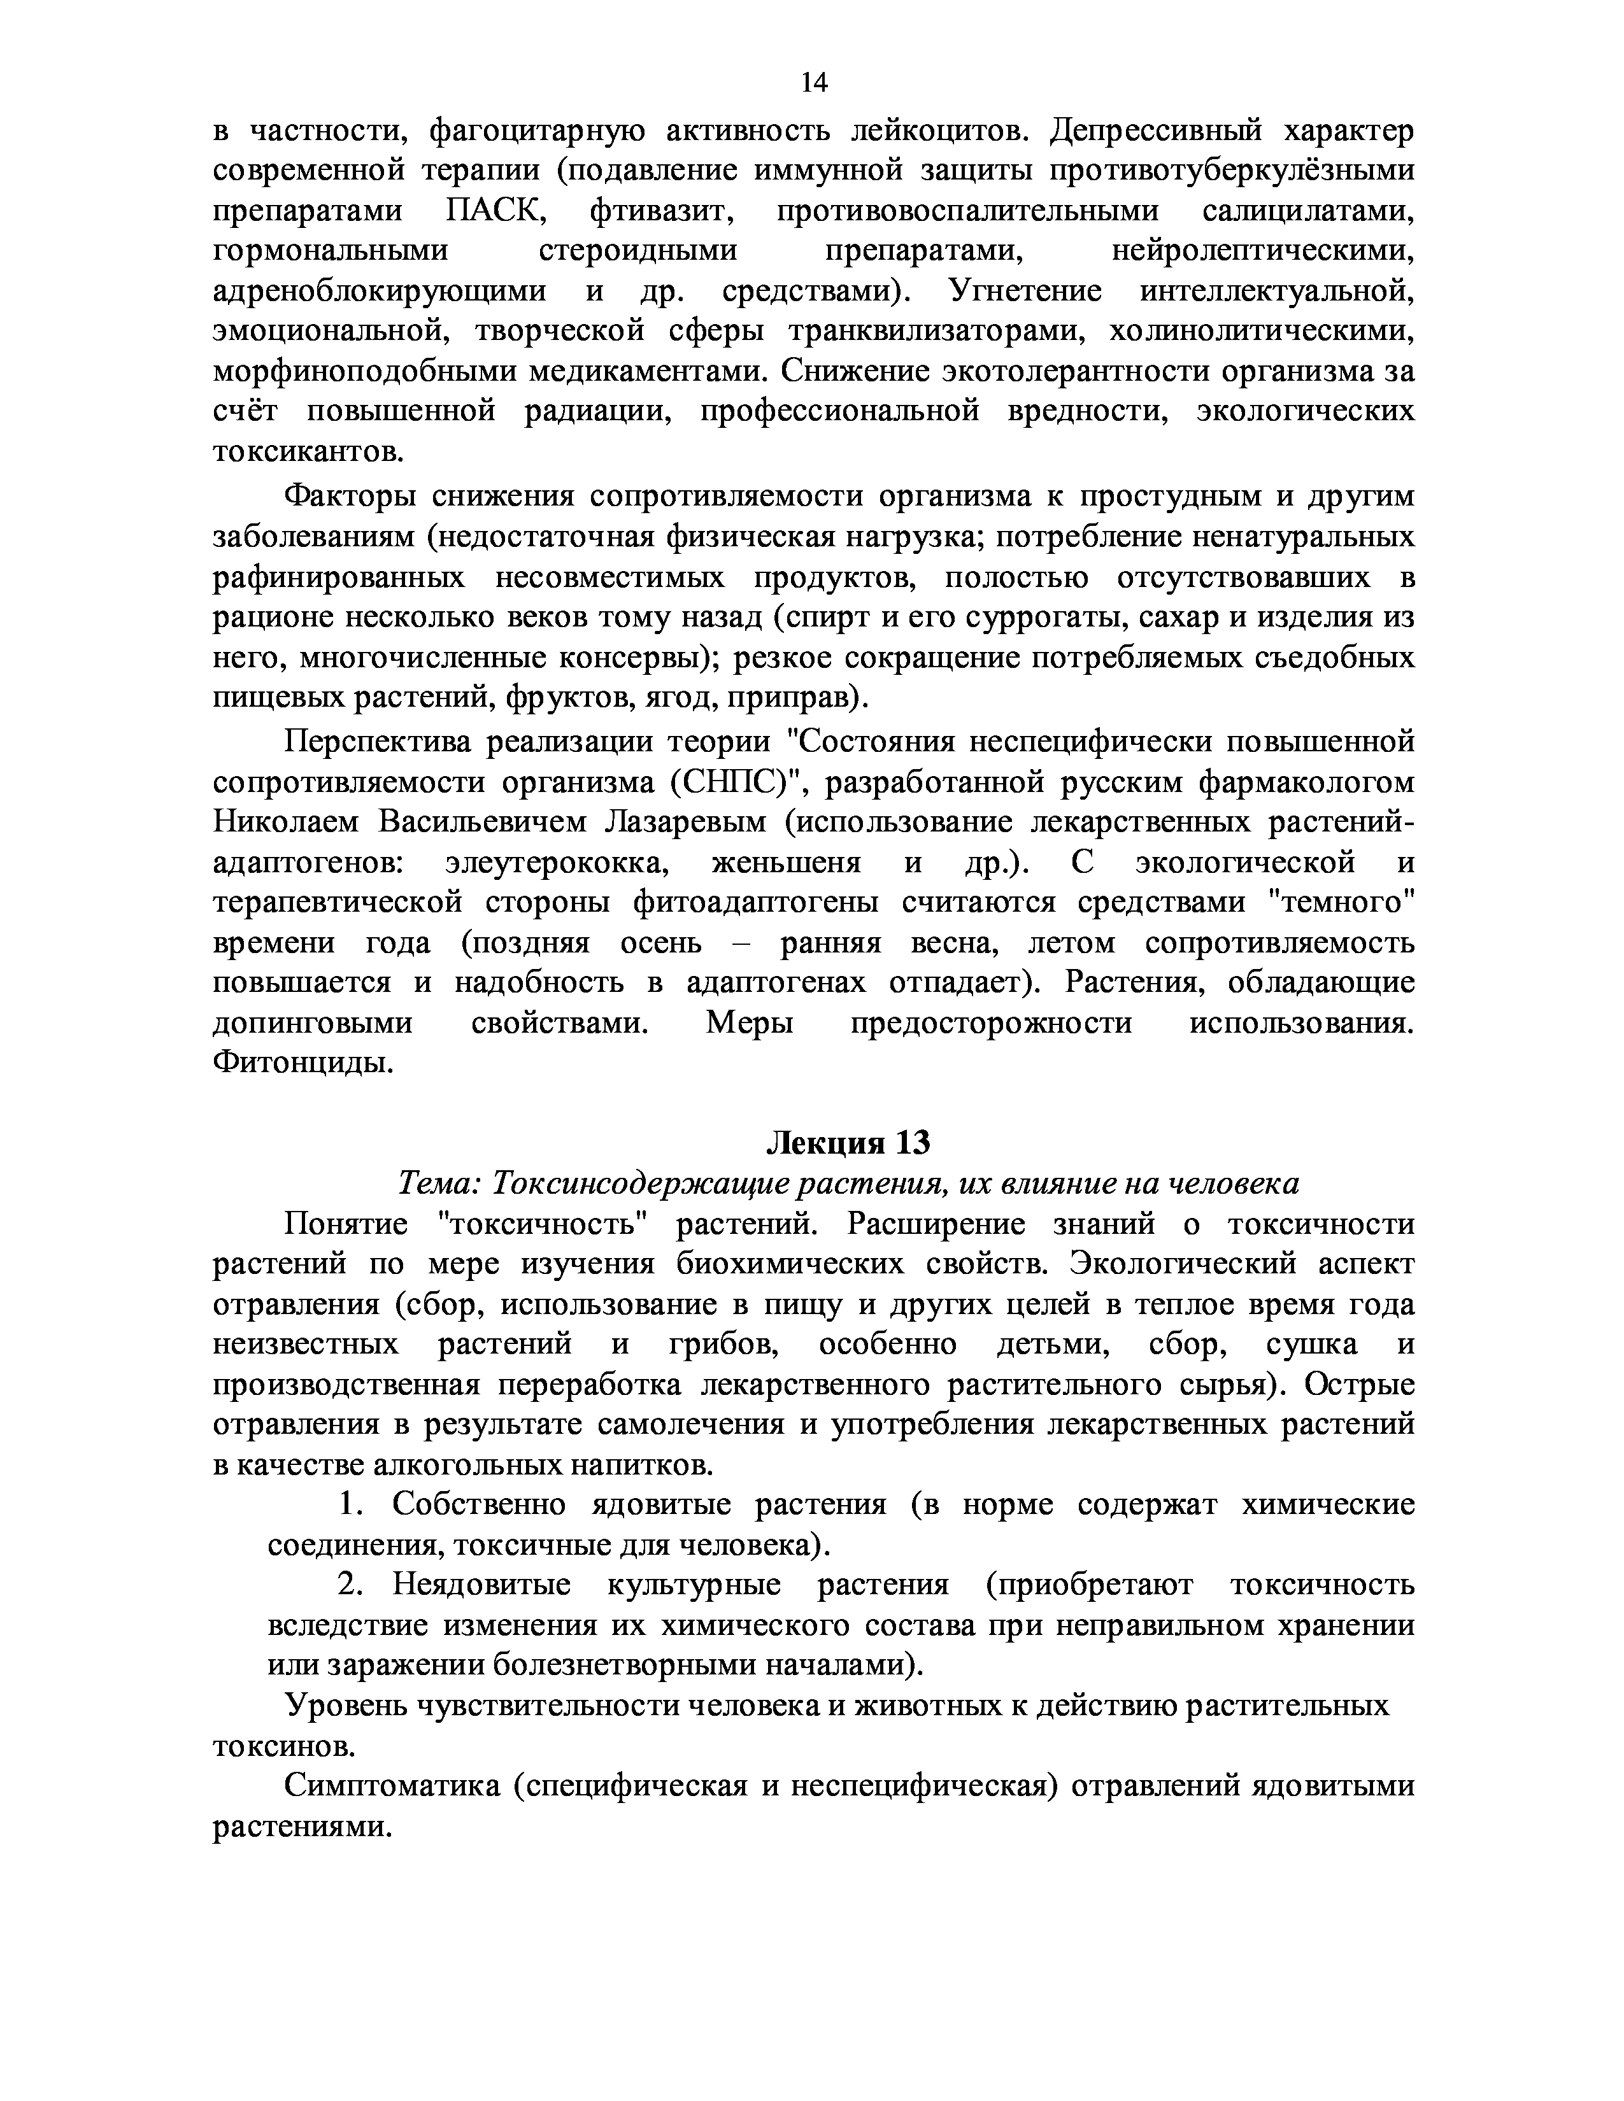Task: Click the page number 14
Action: pos(813,83)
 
